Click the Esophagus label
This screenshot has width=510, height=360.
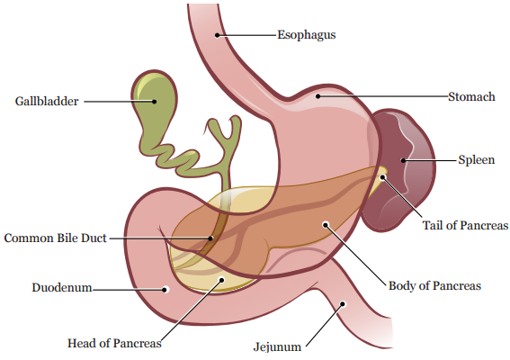307,35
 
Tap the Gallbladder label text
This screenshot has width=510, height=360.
47,101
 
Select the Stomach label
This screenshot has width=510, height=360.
471,96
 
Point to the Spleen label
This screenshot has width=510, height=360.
477,160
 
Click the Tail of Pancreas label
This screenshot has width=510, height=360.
465,225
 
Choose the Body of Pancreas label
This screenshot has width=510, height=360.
434,286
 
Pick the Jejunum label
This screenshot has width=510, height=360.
277,347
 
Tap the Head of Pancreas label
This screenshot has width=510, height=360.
114,343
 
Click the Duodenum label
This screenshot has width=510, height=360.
62,288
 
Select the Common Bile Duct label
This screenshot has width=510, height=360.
55,238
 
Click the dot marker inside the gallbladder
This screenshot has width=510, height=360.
155,101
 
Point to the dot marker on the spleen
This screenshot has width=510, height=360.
403,160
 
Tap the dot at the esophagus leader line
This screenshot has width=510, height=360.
218,35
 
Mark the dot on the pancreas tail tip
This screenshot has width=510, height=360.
383,177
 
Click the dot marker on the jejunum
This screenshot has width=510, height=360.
343,304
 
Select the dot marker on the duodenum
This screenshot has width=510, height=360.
166,290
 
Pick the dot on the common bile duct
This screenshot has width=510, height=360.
210,238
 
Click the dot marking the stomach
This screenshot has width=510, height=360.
318,96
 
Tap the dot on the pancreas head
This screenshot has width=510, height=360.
221,280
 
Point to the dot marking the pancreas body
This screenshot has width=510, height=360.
326,224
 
